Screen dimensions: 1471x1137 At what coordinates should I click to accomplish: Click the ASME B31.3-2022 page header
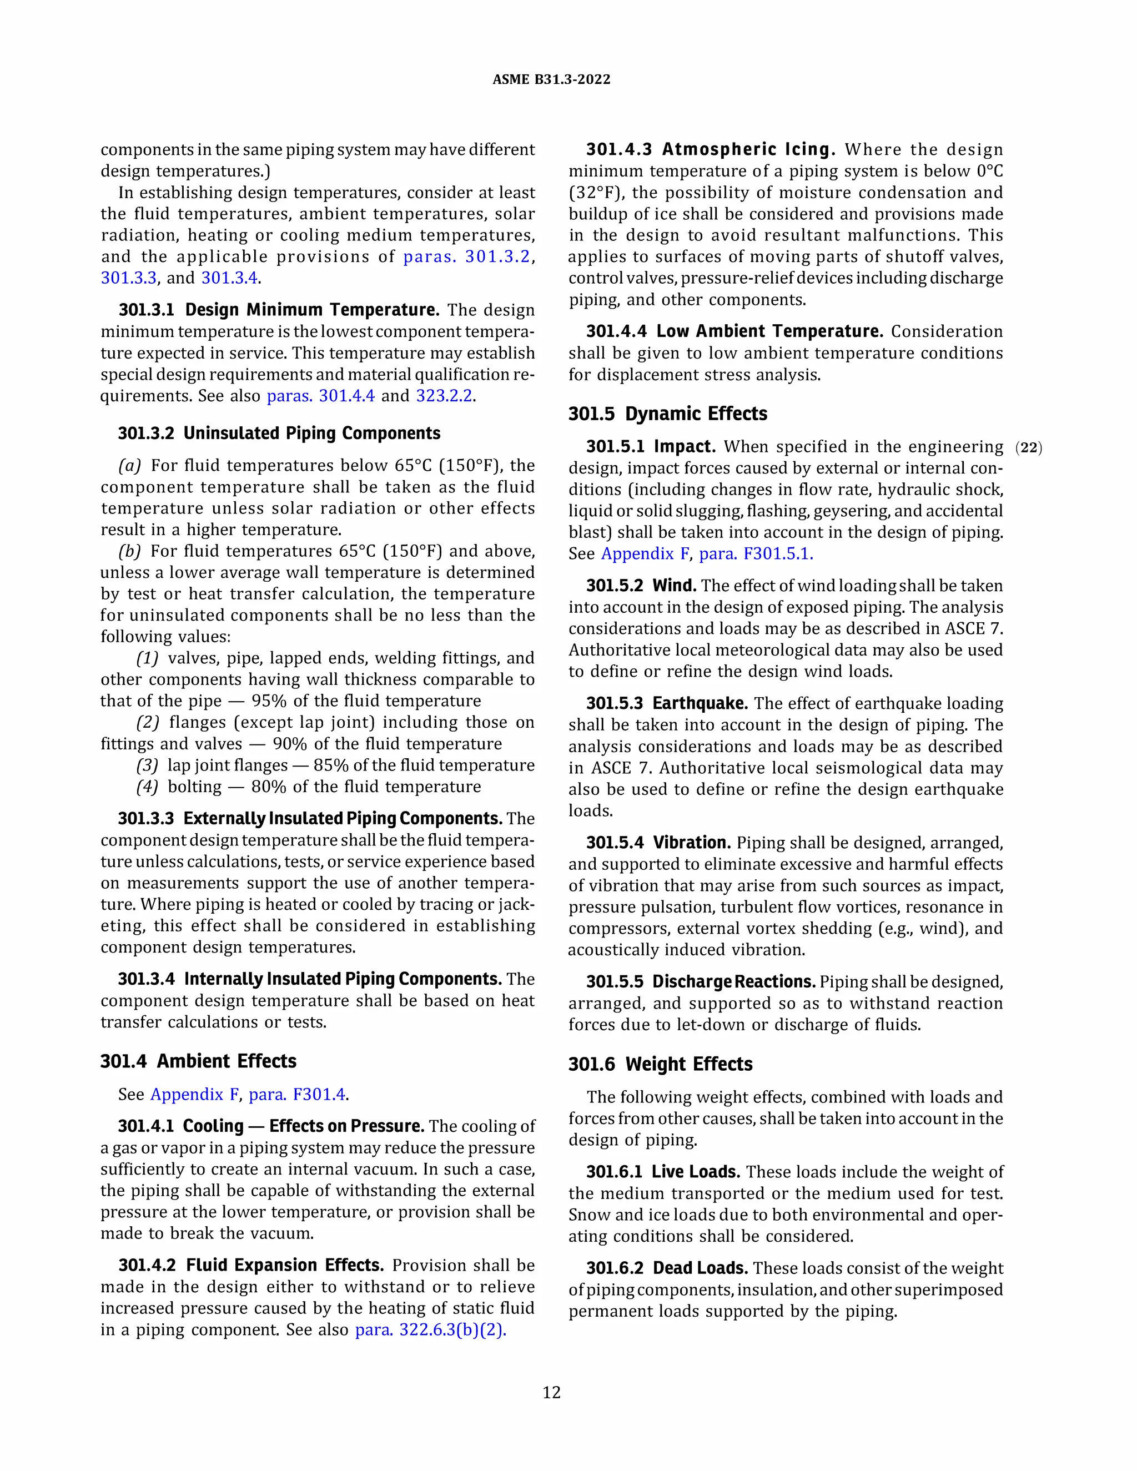551,79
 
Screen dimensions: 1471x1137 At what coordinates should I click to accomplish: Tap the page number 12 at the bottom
551,1392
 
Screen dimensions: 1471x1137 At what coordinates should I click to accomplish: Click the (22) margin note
1029,448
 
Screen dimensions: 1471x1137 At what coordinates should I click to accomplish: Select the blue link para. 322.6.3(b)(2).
430,1330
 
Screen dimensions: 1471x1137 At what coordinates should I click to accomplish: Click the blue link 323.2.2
445,396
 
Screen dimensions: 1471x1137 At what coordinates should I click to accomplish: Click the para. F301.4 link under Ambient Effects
297,1095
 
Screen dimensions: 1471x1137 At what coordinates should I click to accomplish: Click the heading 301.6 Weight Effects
660,1064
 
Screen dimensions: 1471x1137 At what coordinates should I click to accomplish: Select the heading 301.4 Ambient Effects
198,1061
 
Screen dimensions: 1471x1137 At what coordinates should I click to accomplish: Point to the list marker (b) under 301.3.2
130,552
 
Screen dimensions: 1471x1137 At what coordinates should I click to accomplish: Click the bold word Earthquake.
700,704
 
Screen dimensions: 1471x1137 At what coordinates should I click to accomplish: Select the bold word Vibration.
691,843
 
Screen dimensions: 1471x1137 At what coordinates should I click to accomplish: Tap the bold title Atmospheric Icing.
748,149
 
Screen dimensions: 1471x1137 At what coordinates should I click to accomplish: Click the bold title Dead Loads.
700,1268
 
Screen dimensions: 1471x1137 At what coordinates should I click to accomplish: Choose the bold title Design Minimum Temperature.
312,310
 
